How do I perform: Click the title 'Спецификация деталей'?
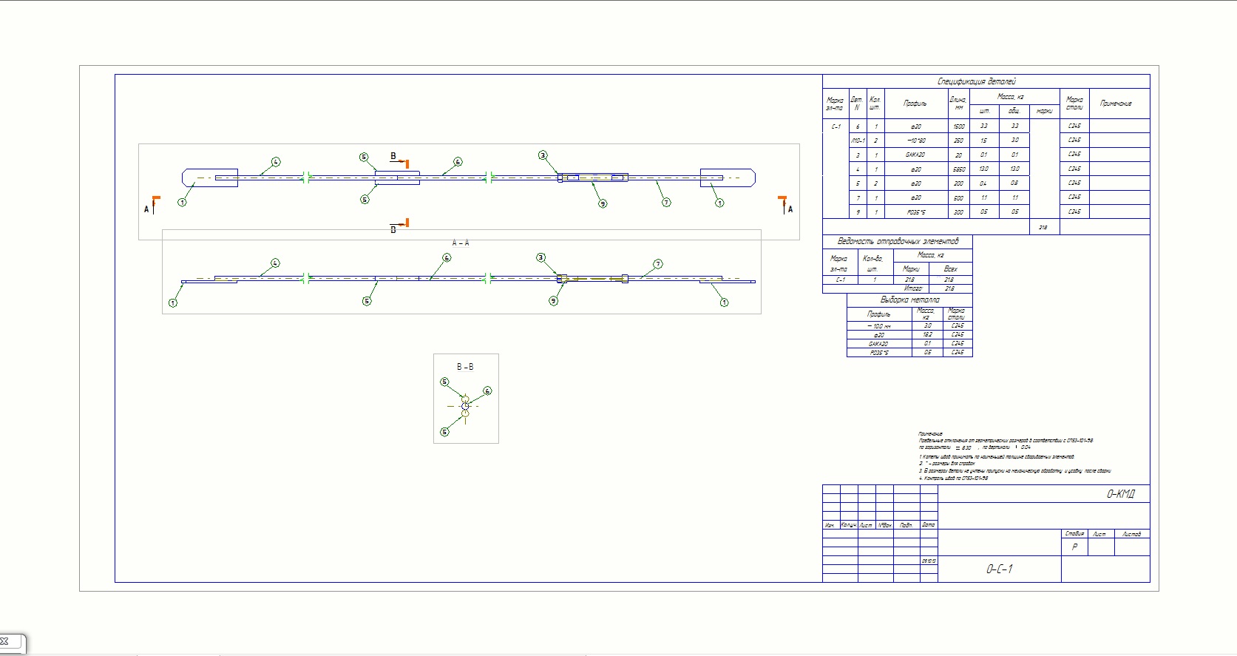point(976,81)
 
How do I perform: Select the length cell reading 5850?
point(958,169)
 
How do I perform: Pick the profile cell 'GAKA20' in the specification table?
point(915,155)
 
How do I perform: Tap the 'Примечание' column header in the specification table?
point(1115,104)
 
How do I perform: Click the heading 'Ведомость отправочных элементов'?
point(898,241)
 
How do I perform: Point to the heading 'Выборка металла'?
point(909,300)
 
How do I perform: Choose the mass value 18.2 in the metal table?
point(927,335)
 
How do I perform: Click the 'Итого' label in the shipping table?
point(913,288)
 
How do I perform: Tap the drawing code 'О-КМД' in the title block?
point(1120,494)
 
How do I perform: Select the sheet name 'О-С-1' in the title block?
point(999,569)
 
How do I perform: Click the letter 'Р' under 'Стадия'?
point(1074,547)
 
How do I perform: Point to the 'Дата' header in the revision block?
point(929,525)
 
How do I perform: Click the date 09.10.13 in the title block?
point(929,561)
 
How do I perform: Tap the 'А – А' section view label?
point(461,243)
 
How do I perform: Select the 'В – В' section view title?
point(465,367)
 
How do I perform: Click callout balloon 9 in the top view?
point(603,203)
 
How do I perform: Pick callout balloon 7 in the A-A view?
point(658,264)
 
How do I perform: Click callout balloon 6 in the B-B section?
point(487,391)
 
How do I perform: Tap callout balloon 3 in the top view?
point(543,155)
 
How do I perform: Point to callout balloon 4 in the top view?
point(276,162)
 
